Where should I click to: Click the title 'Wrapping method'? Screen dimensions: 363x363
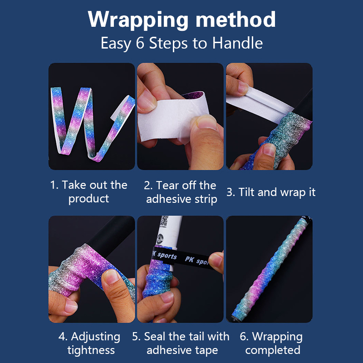pyautogui.click(x=181, y=20)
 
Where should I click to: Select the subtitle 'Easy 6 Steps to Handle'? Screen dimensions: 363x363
pyautogui.click(x=181, y=43)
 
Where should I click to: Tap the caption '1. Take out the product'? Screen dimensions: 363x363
pyautogui.click(x=88, y=191)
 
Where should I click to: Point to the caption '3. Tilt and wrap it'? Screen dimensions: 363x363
pyautogui.click(x=271, y=192)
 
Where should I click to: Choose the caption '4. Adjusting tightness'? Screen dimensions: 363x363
pyautogui.click(x=90, y=343)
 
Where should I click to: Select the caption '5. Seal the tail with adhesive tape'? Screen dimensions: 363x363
pyautogui.click(x=181, y=343)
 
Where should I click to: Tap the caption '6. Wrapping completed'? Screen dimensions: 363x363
pyautogui.click(x=271, y=343)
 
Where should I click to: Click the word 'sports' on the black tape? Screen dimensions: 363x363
pyautogui.click(x=167, y=256)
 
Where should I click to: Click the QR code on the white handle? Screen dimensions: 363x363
pyautogui.click(x=164, y=221)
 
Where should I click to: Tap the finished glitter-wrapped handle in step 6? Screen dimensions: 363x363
pyautogui.click(x=270, y=269)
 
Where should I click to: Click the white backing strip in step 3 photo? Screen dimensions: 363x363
pyautogui.click(x=259, y=104)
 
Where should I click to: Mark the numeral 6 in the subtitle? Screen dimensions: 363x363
pyautogui.click(x=140, y=43)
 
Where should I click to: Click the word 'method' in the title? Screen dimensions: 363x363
pyautogui.click(x=235, y=20)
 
